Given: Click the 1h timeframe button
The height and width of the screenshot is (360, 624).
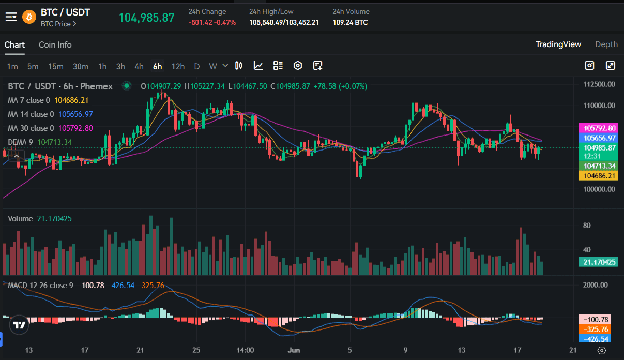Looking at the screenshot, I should tap(102, 66).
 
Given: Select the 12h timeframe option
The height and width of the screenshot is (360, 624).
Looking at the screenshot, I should tap(178, 66).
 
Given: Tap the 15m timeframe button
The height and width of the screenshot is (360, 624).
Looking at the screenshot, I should tap(56, 66).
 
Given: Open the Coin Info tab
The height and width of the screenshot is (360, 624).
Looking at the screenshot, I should tap(55, 44).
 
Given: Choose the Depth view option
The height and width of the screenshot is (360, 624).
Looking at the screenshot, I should tap(606, 44).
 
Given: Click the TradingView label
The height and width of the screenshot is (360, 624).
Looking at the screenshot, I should tap(558, 44).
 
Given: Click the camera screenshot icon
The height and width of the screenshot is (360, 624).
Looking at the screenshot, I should tap(589, 66).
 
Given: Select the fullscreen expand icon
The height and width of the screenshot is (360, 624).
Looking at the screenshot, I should tap(610, 66).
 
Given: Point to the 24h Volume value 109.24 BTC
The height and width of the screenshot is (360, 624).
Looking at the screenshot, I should tap(350, 23).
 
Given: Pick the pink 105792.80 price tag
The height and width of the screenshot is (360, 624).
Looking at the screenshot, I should tap(598, 128).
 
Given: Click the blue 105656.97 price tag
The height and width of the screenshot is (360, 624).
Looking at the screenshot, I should tap(598, 138).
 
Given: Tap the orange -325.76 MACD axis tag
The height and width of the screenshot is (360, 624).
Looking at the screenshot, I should tap(598, 329).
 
